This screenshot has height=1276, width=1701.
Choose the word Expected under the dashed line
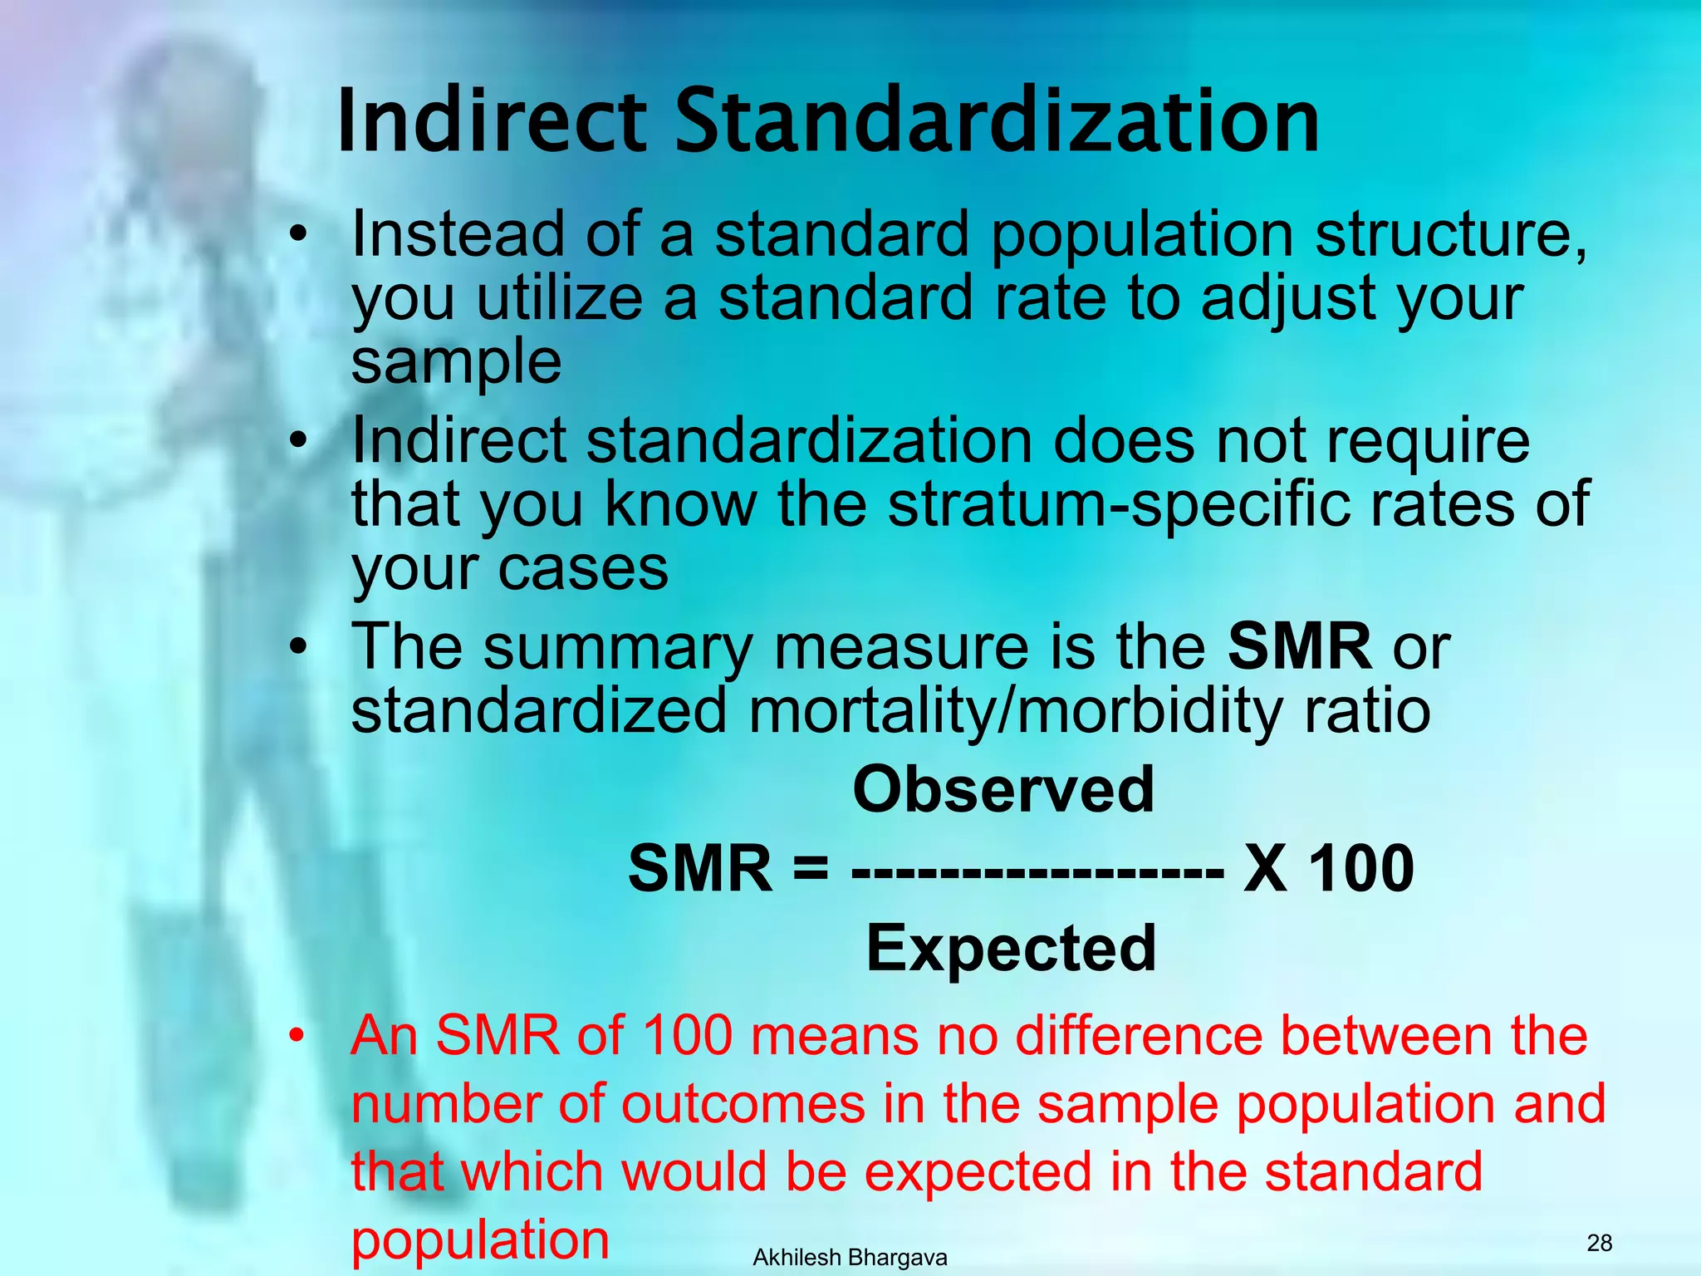tap(1011, 948)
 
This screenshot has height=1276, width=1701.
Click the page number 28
tap(1599, 1243)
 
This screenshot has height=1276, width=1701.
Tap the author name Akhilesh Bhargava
tap(850, 1258)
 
